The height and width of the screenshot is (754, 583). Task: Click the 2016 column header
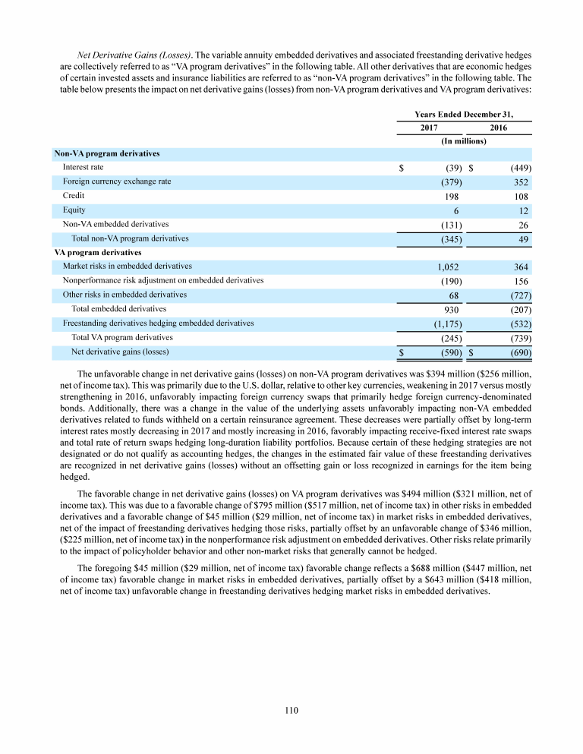(498, 128)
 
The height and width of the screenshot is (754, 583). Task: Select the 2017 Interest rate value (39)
(452, 168)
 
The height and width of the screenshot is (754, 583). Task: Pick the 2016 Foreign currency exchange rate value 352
(520, 182)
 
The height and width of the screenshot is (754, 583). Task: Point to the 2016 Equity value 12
(524, 210)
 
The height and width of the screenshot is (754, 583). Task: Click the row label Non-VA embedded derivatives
(115, 224)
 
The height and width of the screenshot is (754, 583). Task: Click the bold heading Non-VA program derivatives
(107, 153)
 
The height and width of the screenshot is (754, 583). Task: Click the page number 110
(291, 710)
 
